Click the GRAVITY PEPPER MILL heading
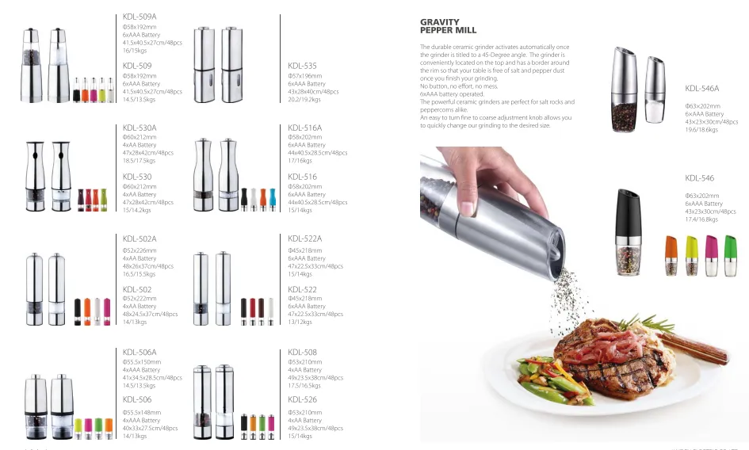click(x=448, y=26)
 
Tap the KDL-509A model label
click(x=139, y=16)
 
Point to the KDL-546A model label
click(x=701, y=89)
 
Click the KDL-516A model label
click(x=304, y=127)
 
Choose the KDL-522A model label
click(x=304, y=238)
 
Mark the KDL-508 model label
click(x=302, y=352)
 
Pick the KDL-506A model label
click(x=139, y=352)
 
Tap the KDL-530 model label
click(x=137, y=177)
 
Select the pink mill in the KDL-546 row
click(x=710, y=255)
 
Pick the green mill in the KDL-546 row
click(x=690, y=255)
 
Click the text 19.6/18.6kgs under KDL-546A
click(x=701, y=130)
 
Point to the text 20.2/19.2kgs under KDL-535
click(x=304, y=100)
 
